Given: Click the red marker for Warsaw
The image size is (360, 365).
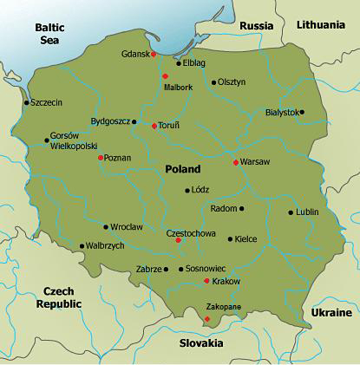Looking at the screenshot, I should coord(236,162).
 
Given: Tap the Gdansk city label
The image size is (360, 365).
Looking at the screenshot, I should coord(135,54).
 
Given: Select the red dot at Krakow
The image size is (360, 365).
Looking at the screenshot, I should coord(206,281).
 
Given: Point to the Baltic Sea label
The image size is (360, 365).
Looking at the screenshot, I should coord(49,34).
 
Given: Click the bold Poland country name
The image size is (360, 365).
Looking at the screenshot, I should coord(181,169).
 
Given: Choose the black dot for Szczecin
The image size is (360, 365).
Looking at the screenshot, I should coord(26,102).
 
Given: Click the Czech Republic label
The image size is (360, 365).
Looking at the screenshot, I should coord(59,297).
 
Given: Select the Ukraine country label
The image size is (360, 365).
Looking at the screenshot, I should coord(330,311).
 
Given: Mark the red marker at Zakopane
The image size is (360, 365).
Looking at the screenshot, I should coord(206,319).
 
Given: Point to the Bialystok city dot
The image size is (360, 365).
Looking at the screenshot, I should coord(302,112).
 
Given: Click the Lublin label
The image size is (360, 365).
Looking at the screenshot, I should coord(307,212).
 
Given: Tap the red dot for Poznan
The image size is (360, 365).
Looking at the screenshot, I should coord(101,158).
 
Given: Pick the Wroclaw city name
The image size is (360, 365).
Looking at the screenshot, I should coord(127,226).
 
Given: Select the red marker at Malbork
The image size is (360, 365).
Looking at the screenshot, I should coord(165,76).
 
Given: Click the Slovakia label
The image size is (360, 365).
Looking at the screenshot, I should coord(201,342).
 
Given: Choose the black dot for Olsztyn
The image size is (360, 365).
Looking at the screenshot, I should coord(213,82).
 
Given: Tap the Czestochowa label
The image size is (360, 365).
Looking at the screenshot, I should coord(190,232).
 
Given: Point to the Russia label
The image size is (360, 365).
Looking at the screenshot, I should coord(256,25).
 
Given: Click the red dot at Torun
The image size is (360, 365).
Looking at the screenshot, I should coord(154,126).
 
